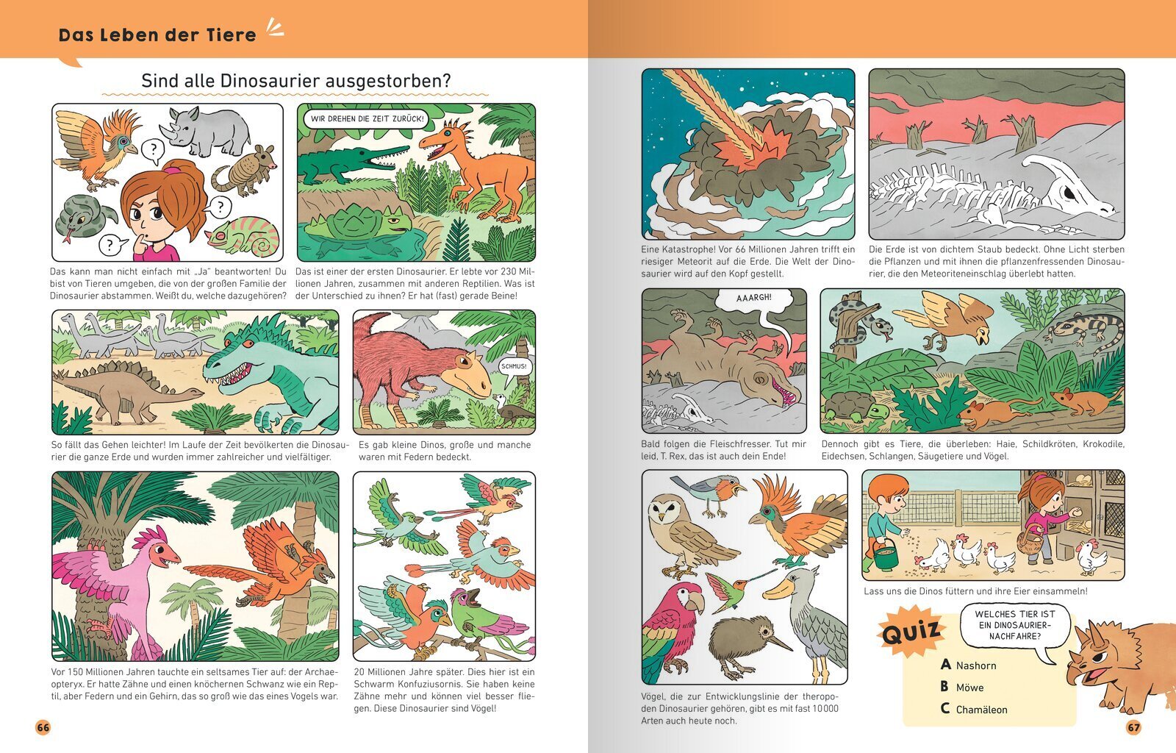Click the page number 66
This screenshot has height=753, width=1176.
pyautogui.click(x=43, y=727)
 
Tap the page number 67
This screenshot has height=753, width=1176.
pyautogui.click(x=1133, y=727)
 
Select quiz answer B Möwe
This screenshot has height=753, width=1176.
pyautogui.click(x=962, y=688)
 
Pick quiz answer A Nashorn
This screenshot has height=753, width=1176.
pyautogui.click(x=968, y=665)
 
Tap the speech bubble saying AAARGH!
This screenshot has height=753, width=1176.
pyautogui.click(x=754, y=304)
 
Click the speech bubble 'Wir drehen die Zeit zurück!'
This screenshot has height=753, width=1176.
pyautogui.click(x=367, y=118)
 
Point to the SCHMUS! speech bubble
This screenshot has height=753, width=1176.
pyautogui.click(x=513, y=367)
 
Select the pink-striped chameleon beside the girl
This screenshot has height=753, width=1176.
pyautogui.click(x=243, y=237)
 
